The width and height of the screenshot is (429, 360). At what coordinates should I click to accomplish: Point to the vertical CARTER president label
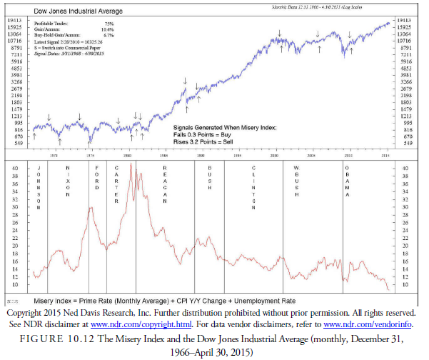(x=116, y=184)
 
